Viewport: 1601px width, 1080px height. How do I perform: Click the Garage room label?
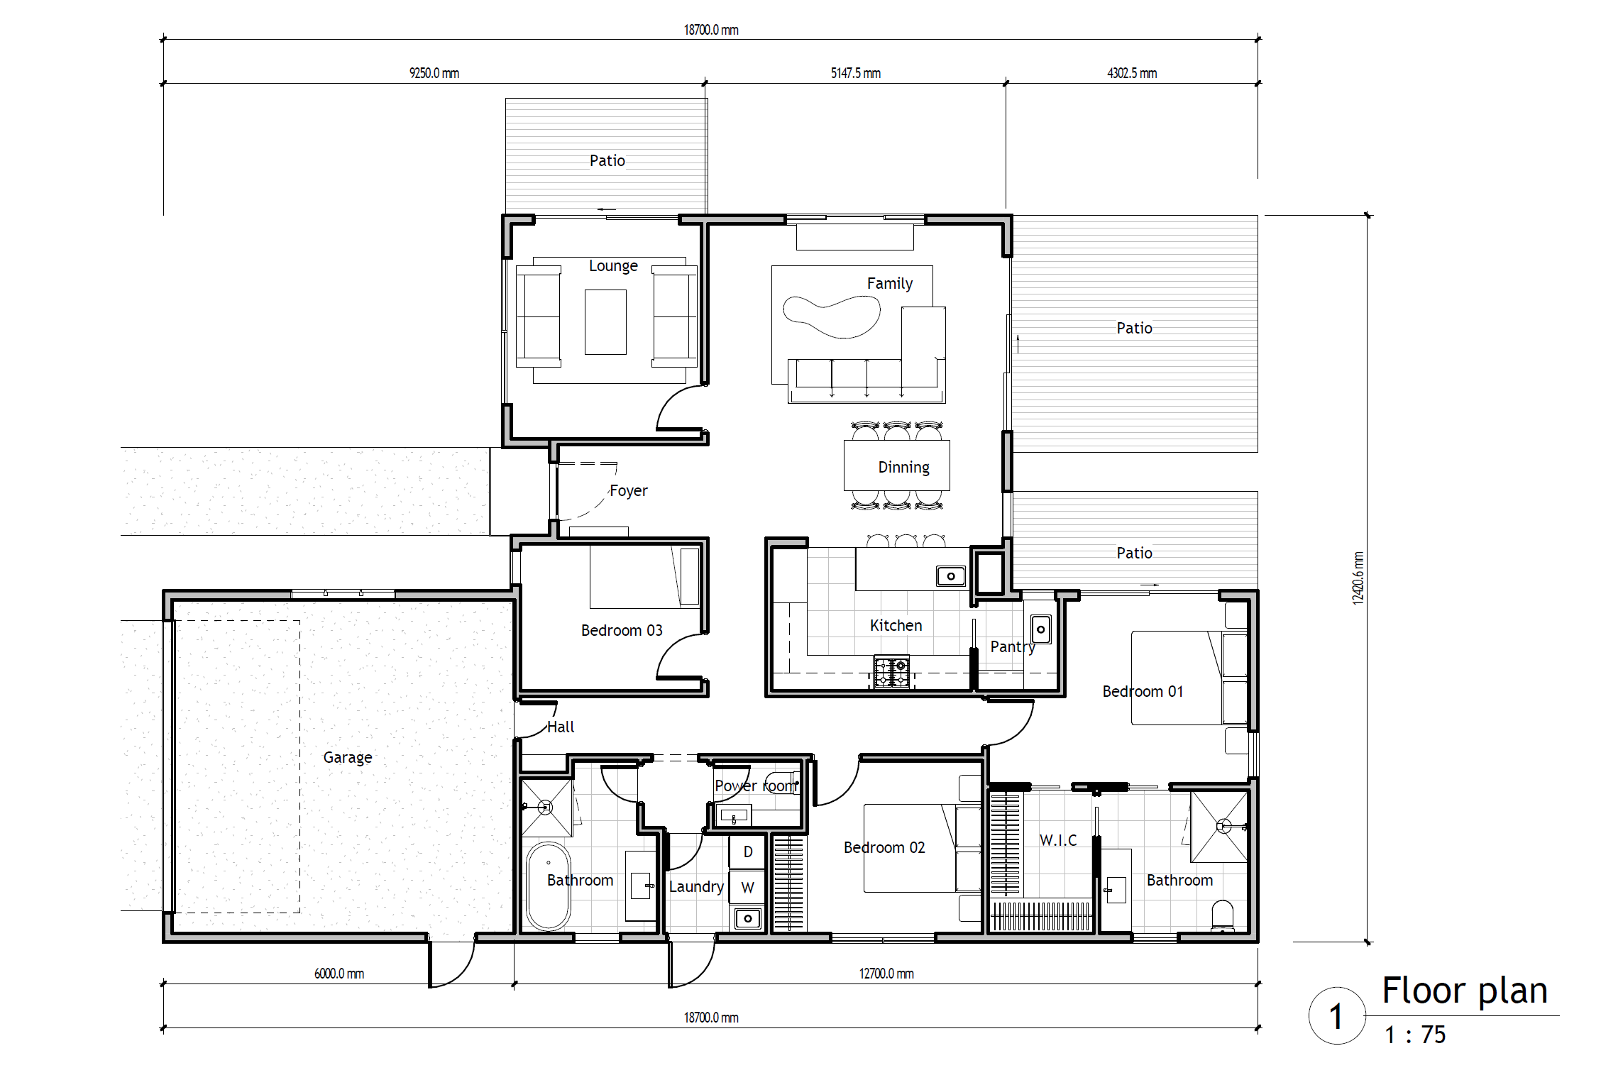pos(348,758)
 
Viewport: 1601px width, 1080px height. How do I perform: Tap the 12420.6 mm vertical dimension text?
pos(1358,578)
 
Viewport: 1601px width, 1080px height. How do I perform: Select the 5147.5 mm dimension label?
pos(856,73)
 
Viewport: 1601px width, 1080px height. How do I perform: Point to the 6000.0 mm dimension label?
pos(339,974)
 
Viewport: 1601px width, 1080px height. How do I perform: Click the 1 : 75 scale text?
pos(1415,1035)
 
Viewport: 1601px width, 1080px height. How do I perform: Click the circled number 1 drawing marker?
pos(1337,1015)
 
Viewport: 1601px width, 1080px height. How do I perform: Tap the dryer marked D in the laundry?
pos(748,852)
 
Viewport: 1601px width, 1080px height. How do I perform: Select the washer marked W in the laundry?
pos(748,887)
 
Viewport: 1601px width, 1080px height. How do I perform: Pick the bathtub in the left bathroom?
pos(548,886)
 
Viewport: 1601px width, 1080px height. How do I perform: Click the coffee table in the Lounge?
pos(605,321)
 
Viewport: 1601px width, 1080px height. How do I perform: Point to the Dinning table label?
pos(903,467)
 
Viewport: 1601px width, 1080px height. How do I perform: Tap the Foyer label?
pos(629,490)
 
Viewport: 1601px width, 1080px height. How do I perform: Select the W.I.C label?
pos(1058,840)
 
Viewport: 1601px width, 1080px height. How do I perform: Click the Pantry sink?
pos(1041,629)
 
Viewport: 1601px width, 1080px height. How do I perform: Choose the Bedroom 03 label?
pos(622,630)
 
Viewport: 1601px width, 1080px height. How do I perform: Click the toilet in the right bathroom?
pos(1223,916)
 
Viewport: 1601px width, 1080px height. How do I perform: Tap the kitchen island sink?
pos(951,576)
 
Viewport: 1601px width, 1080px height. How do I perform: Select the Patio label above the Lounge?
pos(607,160)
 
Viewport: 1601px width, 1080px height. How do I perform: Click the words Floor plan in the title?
pos(1465,991)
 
